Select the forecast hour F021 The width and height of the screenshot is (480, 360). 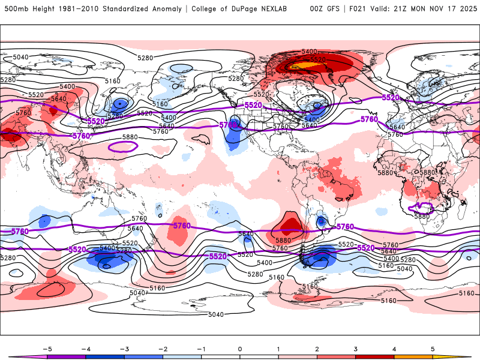click(359, 9)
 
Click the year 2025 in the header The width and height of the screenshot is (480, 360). click(465, 9)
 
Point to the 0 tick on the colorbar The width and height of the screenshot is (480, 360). click(240, 348)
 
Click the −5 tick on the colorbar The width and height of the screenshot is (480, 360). click(47, 348)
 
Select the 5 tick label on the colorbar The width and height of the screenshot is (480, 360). click(433, 348)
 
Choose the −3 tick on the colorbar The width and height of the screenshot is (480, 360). click(124, 348)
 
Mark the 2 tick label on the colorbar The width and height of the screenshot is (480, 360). click(317, 348)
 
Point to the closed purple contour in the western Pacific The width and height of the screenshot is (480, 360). click(122, 145)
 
